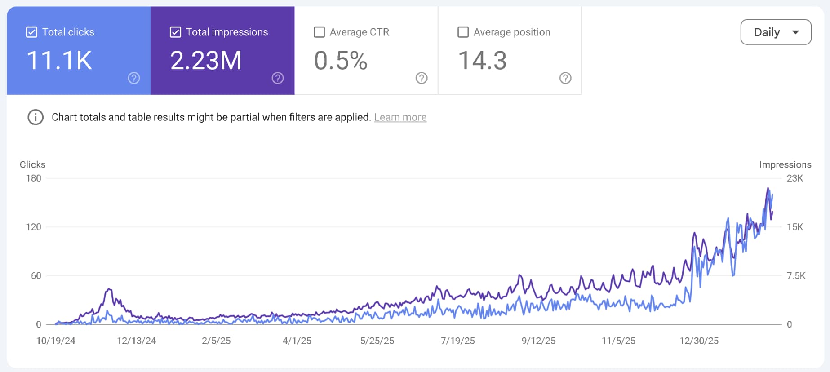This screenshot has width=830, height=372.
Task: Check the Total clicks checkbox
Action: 31,32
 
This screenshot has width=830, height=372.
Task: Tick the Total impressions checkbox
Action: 175,32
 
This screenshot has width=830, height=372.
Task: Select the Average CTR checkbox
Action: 319,32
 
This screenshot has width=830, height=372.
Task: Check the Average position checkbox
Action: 463,32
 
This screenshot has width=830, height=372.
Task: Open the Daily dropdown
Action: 776,32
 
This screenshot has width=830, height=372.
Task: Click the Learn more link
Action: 400,117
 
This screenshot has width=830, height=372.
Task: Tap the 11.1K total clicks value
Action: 59,61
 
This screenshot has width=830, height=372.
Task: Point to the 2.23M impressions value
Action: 206,61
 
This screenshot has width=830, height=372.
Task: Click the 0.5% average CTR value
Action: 341,61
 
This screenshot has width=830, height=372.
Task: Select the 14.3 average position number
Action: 482,61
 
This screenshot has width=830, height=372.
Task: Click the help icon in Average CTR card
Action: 421,78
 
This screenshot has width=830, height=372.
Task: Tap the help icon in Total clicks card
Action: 133,78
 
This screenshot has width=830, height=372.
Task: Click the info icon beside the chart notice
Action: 36,117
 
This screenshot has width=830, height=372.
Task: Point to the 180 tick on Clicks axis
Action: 33,178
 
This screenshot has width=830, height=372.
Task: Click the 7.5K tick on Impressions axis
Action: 796,276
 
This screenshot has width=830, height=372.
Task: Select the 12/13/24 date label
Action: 136,341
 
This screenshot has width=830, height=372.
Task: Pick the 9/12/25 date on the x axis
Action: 538,341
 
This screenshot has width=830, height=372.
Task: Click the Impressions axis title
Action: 785,165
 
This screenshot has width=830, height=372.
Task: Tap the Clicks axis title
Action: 32,165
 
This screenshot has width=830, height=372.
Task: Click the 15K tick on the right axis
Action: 794,227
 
